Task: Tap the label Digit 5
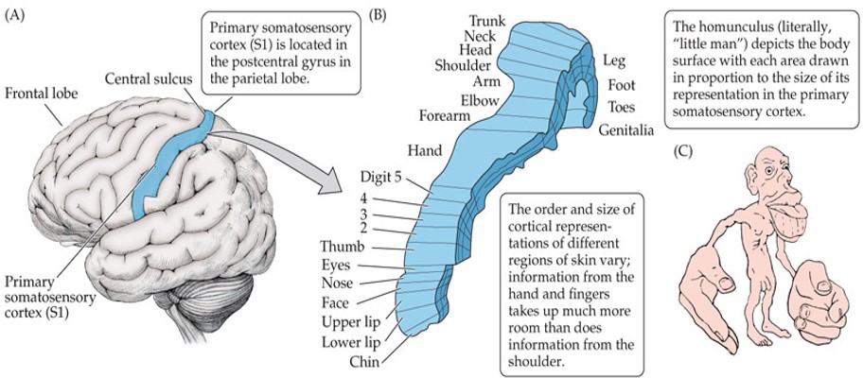[382, 177]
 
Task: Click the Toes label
[622, 106]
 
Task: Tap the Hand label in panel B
[424, 150]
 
